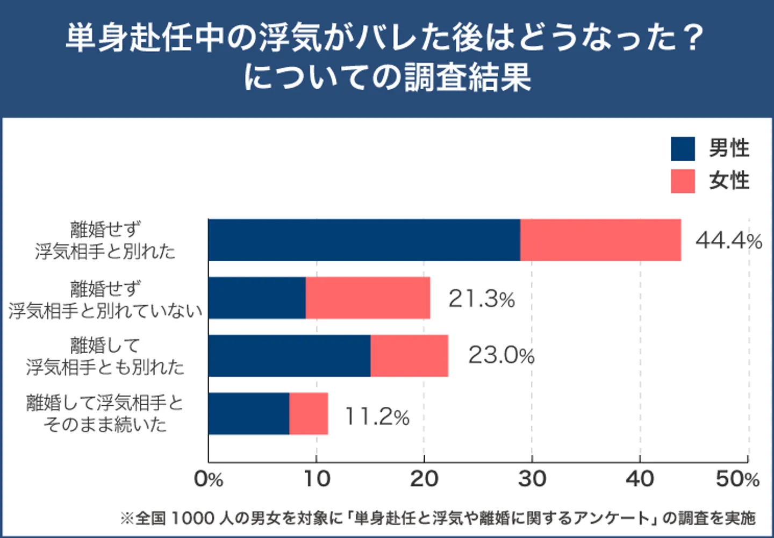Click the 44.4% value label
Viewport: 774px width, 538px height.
tap(728, 240)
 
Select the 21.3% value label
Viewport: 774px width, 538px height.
tap(482, 299)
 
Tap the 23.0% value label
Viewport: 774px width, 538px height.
tap(501, 355)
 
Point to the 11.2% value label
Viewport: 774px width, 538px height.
tap(377, 417)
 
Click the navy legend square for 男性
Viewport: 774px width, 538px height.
tap(683, 149)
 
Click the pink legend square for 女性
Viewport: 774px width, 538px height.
tap(683, 181)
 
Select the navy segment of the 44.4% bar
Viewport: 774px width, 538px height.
tap(364, 240)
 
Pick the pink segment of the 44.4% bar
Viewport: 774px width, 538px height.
tap(600, 240)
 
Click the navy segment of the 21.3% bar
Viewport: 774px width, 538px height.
tap(257, 298)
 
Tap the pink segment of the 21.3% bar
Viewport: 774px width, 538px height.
tap(368, 298)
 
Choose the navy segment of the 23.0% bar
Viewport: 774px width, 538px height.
tap(289, 356)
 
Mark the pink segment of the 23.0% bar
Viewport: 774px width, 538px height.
tap(409, 356)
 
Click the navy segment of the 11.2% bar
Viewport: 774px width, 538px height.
tap(249, 414)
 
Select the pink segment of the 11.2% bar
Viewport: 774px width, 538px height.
tap(309, 414)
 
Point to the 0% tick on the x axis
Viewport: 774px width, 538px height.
tap(209, 479)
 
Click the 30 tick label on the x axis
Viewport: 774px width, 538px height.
tap(532, 479)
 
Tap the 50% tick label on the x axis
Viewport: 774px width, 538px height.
tap(737, 479)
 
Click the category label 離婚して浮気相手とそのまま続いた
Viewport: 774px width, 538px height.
tap(105, 413)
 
